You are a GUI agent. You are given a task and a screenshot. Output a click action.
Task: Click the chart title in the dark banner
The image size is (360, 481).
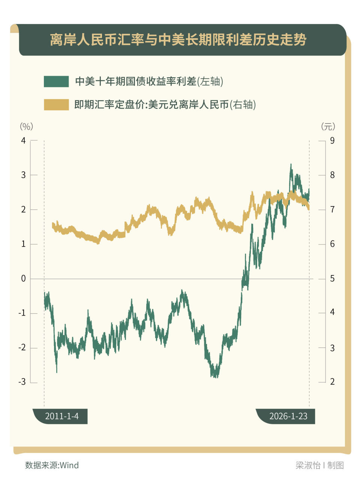click(x=178, y=40)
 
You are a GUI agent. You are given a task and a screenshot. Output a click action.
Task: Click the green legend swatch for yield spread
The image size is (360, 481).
click(x=56, y=81)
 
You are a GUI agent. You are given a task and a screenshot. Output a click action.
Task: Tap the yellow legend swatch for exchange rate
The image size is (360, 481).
click(x=56, y=105)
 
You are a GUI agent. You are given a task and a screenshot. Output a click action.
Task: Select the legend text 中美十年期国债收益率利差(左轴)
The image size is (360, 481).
click(x=149, y=81)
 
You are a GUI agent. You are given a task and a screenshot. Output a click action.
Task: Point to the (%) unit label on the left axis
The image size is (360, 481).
click(x=26, y=126)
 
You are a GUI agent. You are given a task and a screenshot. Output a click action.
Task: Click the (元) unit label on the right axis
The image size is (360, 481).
click(x=328, y=126)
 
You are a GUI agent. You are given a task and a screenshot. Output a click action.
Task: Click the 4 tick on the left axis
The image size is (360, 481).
click(x=24, y=141)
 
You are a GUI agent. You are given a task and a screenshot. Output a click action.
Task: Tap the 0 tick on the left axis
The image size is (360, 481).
click(x=24, y=279)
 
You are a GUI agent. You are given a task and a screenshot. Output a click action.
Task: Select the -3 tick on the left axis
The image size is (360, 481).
click(x=22, y=382)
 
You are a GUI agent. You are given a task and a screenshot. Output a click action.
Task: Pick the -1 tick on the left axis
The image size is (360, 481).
click(x=22, y=313)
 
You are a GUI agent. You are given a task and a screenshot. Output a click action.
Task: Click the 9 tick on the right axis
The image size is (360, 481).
click(x=332, y=141)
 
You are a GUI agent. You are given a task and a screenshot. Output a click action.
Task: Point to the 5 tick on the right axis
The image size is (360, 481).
click(x=332, y=279)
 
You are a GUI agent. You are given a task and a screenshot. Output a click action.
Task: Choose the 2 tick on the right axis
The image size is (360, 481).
click(x=332, y=382)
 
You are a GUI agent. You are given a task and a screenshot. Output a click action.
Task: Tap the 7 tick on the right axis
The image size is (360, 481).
click(x=332, y=210)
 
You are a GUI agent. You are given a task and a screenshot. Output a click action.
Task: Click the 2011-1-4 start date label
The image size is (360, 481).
click(x=62, y=416)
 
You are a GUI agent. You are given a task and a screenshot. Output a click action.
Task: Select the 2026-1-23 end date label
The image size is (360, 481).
click(x=288, y=416)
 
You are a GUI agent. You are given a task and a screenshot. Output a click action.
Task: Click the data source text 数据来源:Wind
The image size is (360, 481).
click(x=52, y=466)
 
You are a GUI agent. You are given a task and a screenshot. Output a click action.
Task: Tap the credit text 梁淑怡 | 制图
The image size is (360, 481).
click(x=319, y=466)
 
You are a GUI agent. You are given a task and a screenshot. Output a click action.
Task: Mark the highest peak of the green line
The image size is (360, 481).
click(x=291, y=164)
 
